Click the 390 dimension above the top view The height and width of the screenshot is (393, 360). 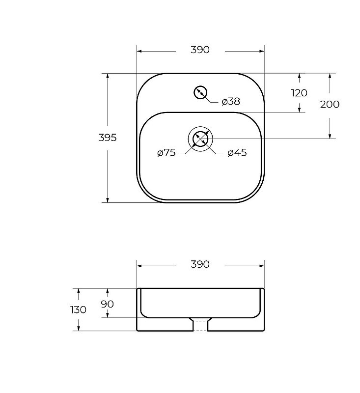[x=200, y=50]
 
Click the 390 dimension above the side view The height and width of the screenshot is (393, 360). [x=200, y=264]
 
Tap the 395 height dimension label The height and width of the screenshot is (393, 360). [x=108, y=138]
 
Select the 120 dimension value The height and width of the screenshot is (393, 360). [x=299, y=93]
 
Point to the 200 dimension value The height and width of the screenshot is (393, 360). [x=330, y=104]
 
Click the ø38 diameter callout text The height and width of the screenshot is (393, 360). [x=231, y=102]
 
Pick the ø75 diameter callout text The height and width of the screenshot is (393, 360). [x=166, y=153]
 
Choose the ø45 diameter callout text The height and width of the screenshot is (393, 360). [x=237, y=153]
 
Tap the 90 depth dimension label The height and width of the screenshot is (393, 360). [x=107, y=304]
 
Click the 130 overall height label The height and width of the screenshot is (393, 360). [x=78, y=310]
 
